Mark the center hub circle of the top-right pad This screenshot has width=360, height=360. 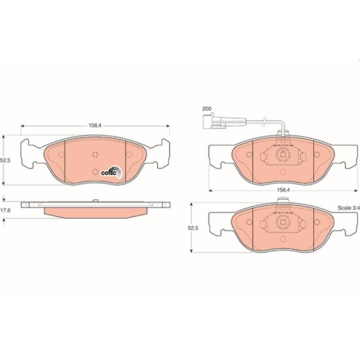coord(282,153)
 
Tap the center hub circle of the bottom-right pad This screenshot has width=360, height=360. coord(282,225)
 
